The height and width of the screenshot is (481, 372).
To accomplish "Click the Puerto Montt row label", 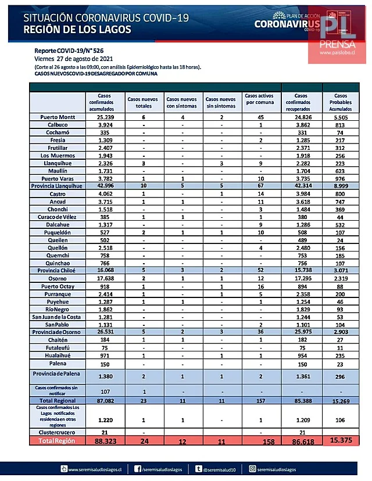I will coord(56,117).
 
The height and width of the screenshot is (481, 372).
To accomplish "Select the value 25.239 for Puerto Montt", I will coord(106,117).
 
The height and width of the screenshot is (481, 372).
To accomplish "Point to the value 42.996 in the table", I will coord(106,185).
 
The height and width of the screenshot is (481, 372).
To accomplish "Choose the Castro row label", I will coord(56,193).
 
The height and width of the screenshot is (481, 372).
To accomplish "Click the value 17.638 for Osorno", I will coord(106,278).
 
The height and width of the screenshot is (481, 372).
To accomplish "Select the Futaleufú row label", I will coord(56,347).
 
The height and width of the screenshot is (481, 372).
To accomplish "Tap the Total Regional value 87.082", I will coord(106,401).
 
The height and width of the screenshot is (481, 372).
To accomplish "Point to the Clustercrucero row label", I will coord(56,432).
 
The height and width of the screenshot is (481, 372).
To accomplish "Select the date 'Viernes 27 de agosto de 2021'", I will coord(73,59).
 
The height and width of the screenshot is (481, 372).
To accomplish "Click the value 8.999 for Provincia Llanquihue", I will coord(341,185).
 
